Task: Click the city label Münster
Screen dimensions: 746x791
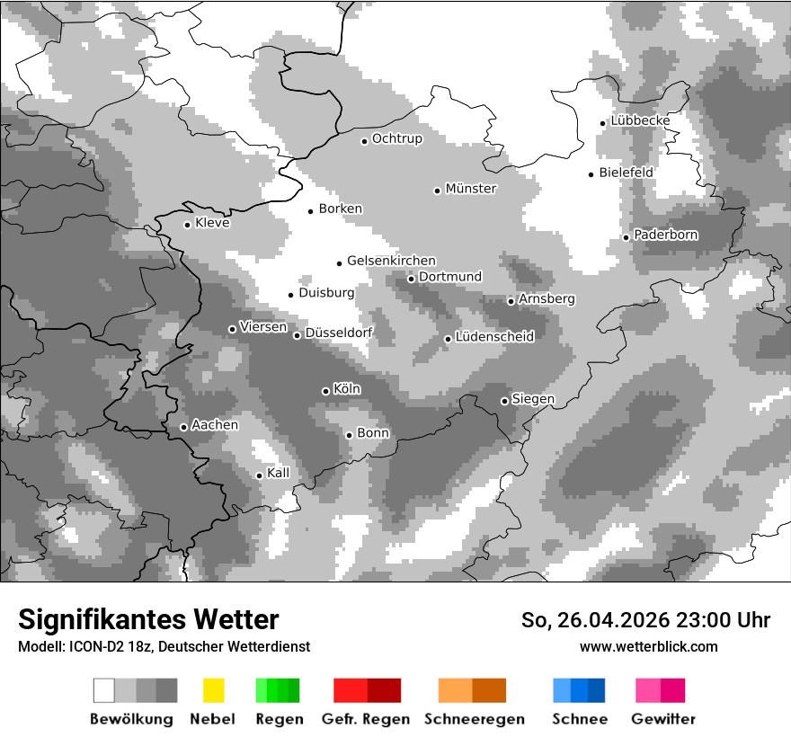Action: click(x=471, y=189)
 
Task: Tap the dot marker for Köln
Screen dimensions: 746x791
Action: click(x=325, y=391)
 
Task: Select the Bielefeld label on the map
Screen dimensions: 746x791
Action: click(x=627, y=173)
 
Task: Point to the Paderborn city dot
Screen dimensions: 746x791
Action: click(x=626, y=237)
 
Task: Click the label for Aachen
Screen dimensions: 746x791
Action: click(x=215, y=425)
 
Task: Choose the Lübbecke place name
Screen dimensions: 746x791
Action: click(x=640, y=120)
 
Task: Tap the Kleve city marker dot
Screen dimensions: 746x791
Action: click(x=187, y=225)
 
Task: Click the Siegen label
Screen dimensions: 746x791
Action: click(x=533, y=399)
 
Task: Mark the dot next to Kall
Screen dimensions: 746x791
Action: click(x=259, y=475)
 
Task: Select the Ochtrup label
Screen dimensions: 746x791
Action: click(x=397, y=139)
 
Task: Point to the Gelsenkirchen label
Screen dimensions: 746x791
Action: click(x=391, y=261)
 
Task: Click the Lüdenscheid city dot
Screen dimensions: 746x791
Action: click(x=448, y=339)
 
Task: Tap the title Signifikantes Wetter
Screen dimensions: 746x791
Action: click(x=148, y=620)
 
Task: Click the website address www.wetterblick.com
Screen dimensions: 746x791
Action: click(x=649, y=646)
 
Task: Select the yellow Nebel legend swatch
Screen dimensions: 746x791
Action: click(x=213, y=690)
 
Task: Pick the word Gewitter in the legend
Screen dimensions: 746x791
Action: click(x=663, y=719)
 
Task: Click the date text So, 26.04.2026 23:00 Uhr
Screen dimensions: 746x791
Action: click(x=645, y=620)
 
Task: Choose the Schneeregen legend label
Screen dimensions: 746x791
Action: click(x=475, y=719)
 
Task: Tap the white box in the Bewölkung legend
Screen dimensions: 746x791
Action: click(x=103, y=690)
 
